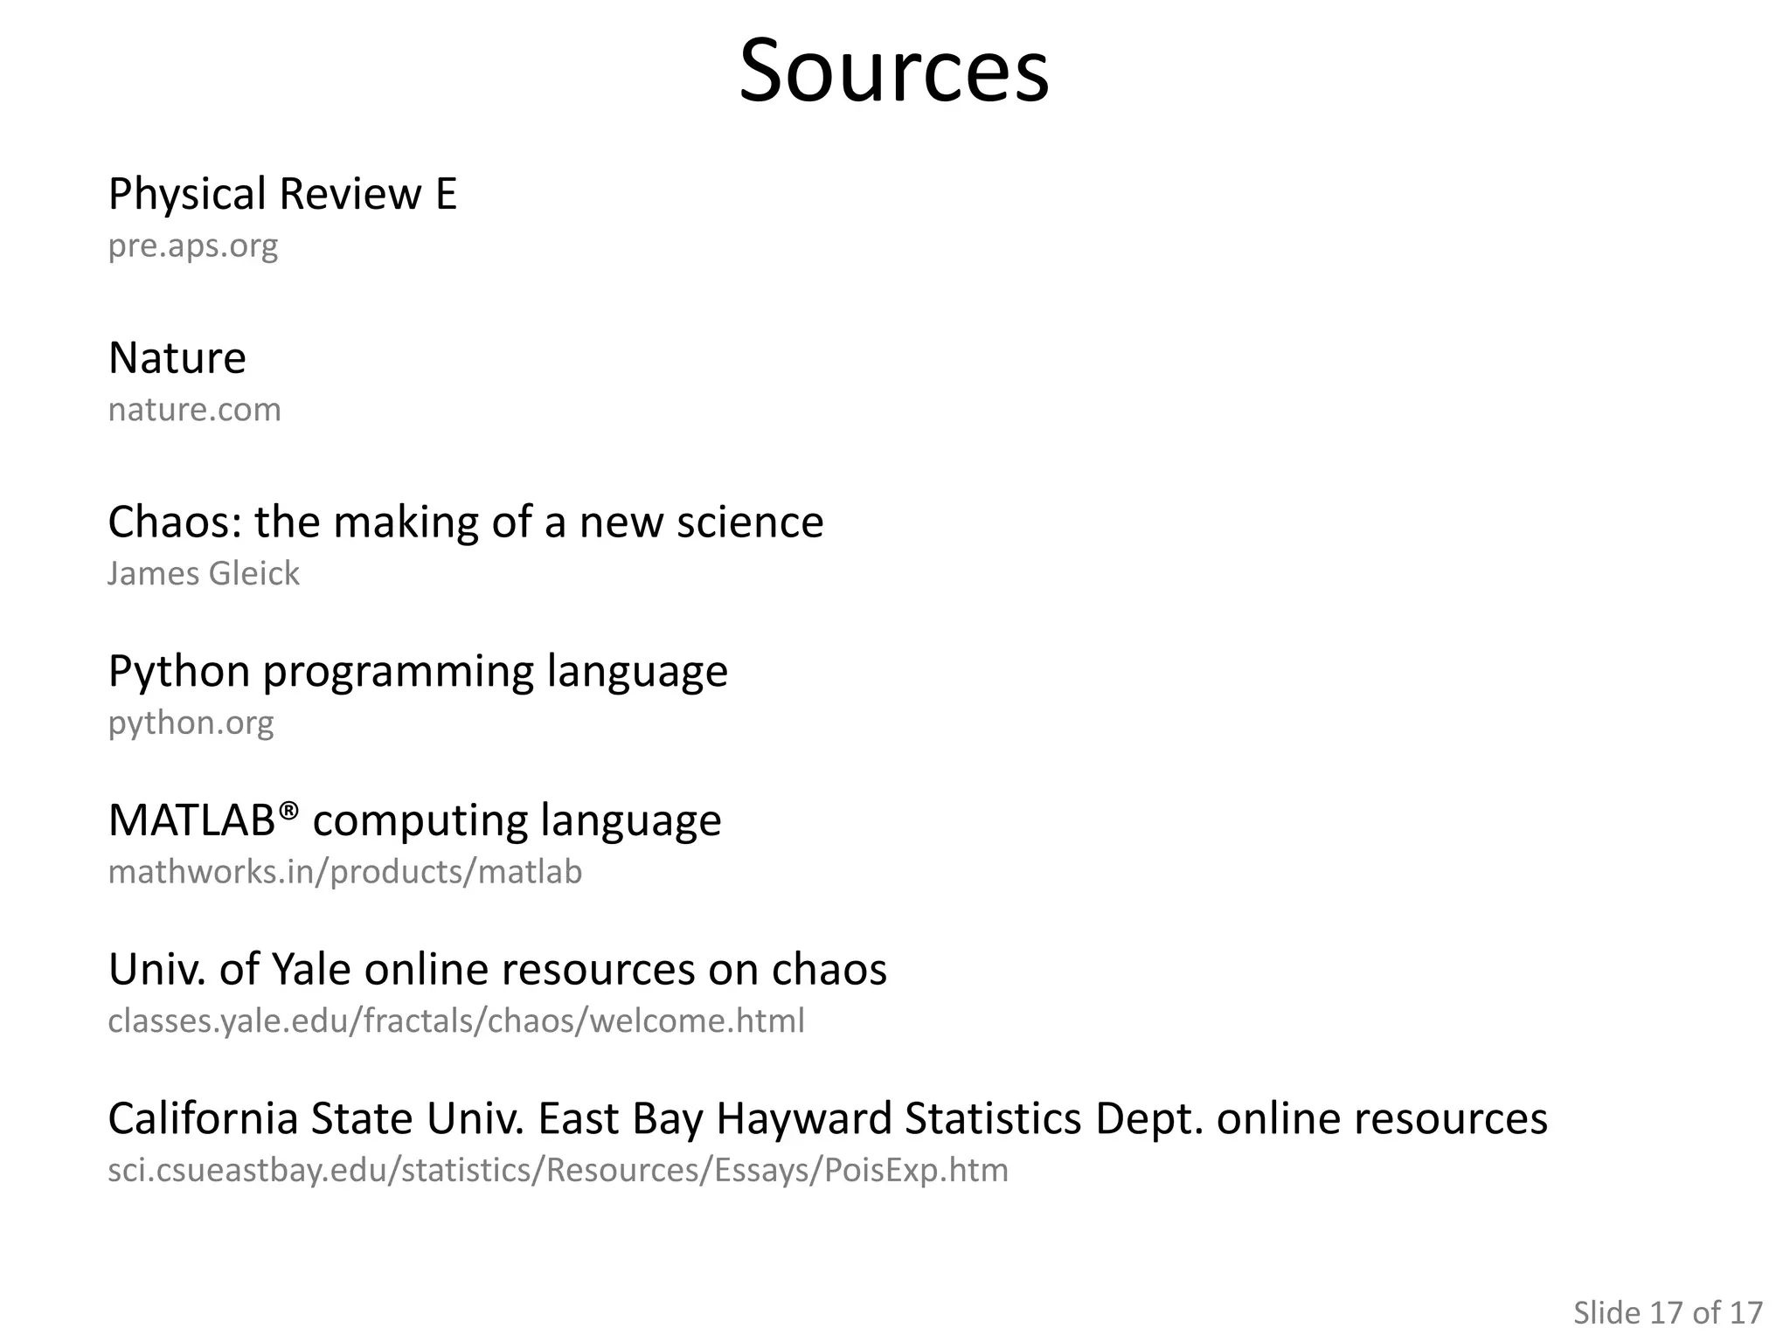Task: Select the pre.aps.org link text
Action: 193,246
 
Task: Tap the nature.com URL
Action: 195,410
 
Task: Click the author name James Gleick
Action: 204,574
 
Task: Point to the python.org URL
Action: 191,723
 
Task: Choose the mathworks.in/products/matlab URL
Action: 345,872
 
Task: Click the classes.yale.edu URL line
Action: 456,1020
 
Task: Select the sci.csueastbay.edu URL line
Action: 558,1170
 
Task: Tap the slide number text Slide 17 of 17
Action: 1668,1312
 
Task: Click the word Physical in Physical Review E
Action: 187,194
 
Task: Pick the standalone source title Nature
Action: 177,358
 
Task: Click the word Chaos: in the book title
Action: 174,522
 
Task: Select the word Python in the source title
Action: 179,672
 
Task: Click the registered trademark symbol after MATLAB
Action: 289,810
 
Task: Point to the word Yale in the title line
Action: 311,969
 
